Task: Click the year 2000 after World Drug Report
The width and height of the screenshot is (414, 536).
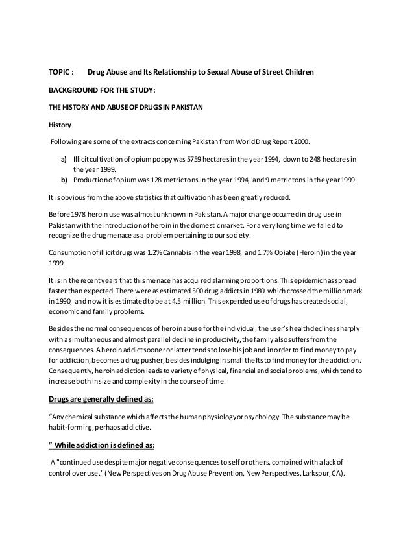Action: [300, 141]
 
